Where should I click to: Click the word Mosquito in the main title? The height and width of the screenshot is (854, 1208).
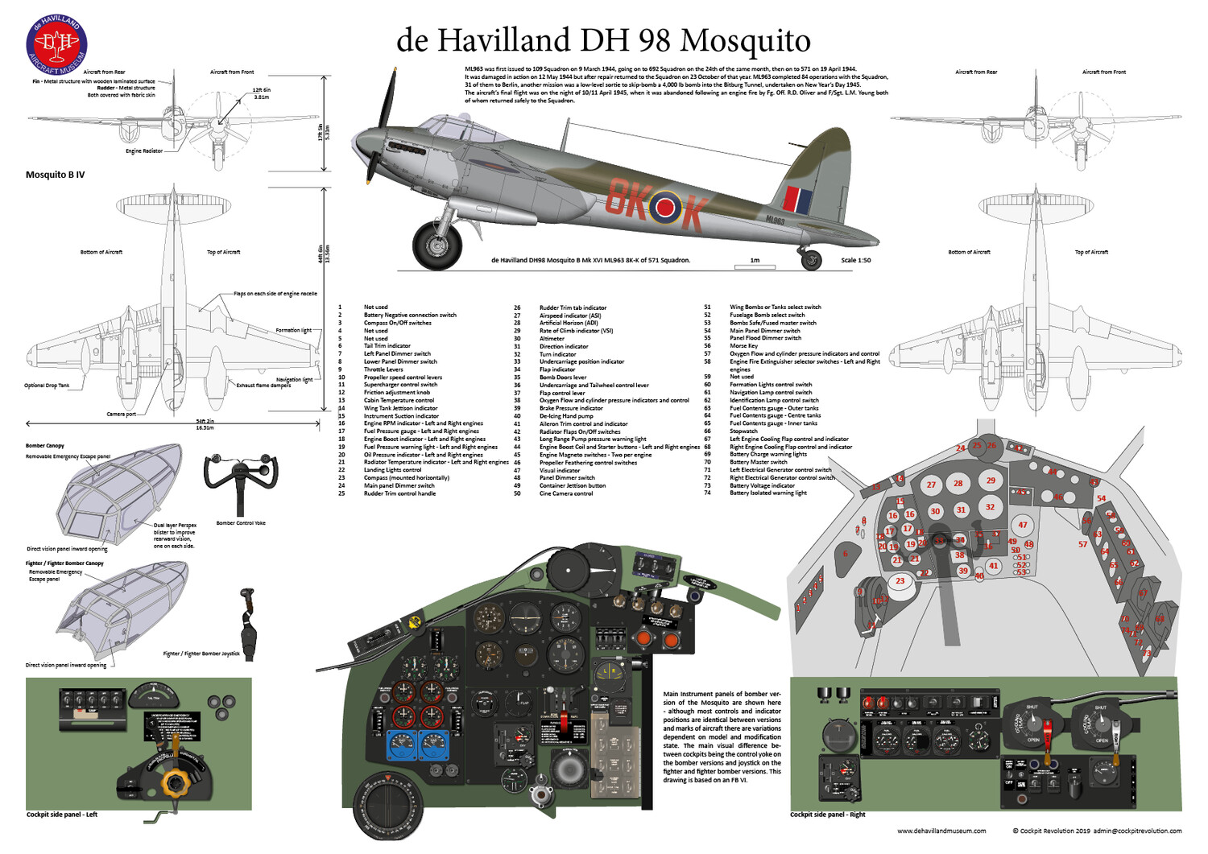pyautogui.click(x=745, y=40)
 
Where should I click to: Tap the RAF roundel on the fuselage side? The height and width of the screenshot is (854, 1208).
pyautogui.click(x=665, y=207)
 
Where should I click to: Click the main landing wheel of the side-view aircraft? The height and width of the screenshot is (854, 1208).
pyautogui.click(x=437, y=245)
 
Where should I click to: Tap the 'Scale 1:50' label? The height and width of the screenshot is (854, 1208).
pyautogui.click(x=855, y=261)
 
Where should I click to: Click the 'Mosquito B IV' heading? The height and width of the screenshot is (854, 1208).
pyautogui.click(x=55, y=175)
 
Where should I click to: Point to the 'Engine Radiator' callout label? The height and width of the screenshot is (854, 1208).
pyautogui.click(x=144, y=151)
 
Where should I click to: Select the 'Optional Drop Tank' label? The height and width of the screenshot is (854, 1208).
pyautogui.click(x=47, y=386)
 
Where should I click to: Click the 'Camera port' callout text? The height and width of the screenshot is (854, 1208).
pyautogui.click(x=122, y=415)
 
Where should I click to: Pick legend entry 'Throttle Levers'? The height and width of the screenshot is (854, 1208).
pyautogui.click(x=383, y=369)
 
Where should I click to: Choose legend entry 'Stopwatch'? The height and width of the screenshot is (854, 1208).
pyautogui.click(x=743, y=431)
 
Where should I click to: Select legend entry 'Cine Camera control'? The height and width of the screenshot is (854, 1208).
pyautogui.click(x=566, y=493)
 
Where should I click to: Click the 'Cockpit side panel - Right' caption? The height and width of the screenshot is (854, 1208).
pyautogui.click(x=827, y=815)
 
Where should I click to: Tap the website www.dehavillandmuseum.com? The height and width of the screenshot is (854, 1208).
pyautogui.click(x=941, y=831)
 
